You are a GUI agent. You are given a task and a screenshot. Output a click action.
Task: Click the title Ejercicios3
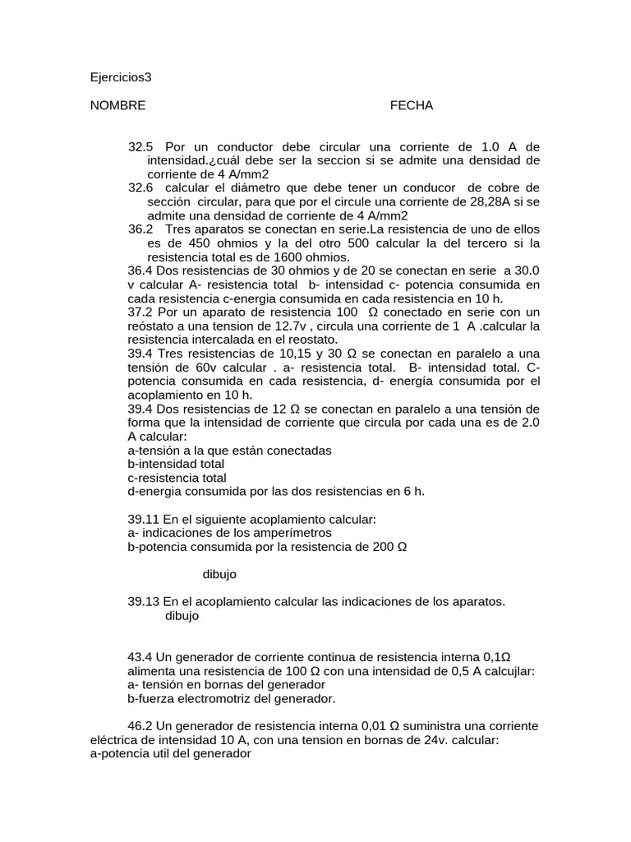(x=121, y=78)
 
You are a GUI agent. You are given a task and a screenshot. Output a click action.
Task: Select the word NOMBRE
(x=117, y=105)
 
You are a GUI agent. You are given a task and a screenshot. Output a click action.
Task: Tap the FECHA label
(x=411, y=105)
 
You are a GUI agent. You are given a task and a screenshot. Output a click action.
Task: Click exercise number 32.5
(x=140, y=146)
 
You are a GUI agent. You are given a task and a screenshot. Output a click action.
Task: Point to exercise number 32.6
(x=140, y=187)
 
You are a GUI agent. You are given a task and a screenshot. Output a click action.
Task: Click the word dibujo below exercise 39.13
(x=182, y=615)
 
